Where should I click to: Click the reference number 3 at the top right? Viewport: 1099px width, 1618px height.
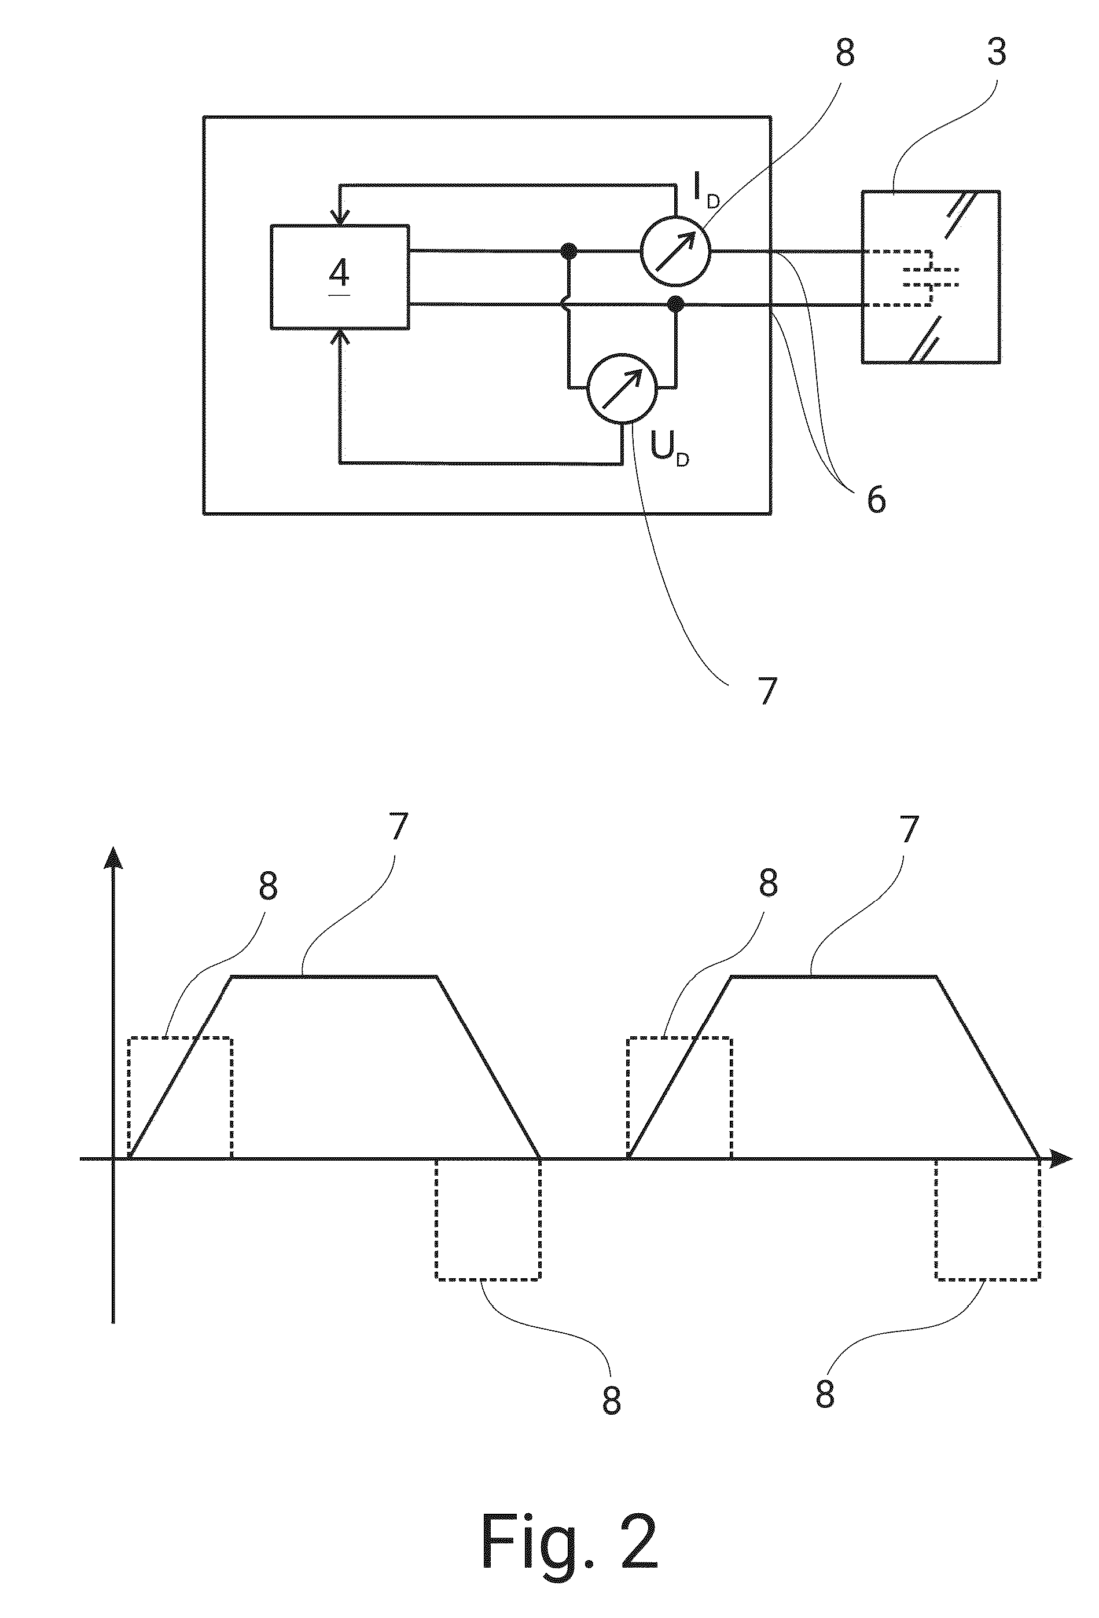(x=997, y=51)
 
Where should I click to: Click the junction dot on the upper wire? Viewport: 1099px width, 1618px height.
(x=569, y=251)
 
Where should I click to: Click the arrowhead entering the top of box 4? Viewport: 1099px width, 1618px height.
(x=340, y=217)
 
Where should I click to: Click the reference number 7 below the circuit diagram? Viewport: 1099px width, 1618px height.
(x=766, y=691)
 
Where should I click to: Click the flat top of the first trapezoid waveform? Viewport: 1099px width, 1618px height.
(x=334, y=977)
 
